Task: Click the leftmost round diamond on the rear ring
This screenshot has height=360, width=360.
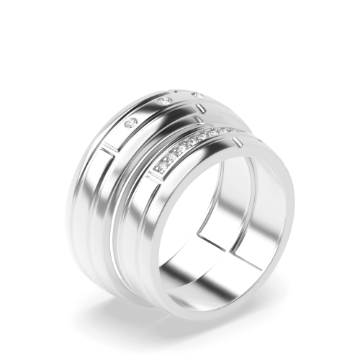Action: [x=130, y=123]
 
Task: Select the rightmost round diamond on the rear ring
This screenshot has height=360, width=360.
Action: [x=196, y=94]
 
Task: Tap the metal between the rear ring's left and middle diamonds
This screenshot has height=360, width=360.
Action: [x=148, y=112]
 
